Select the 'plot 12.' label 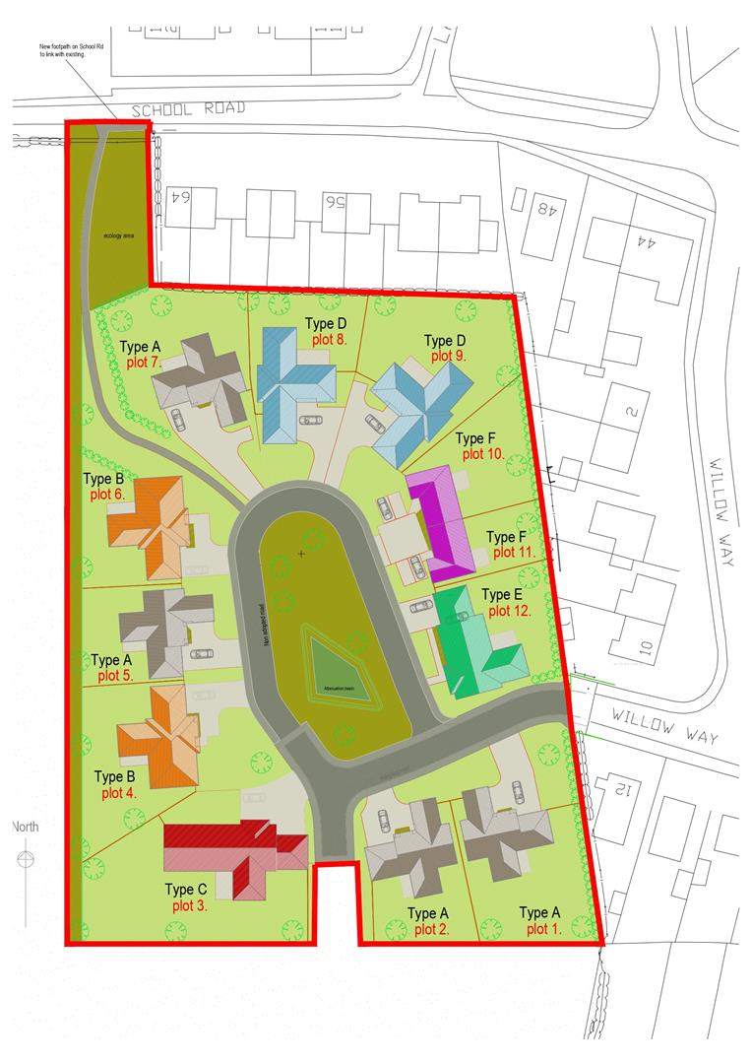pyautogui.click(x=510, y=611)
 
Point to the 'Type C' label pyautogui.click(x=186, y=891)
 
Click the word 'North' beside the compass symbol pyautogui.click(x=26, y=827)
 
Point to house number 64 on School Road pyautogui.click(x=180, y=198)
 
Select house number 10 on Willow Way pyautogui.click(x=646, y=647)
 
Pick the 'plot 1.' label pyautogui.click(x=543, y=929)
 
